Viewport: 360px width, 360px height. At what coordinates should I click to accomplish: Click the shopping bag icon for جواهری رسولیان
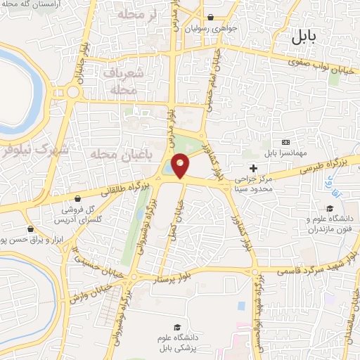click(210, 18)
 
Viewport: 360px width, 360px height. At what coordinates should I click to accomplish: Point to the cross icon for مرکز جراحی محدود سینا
click(253, 169)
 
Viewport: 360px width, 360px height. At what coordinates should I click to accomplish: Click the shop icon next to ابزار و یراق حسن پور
click(30, 229)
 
